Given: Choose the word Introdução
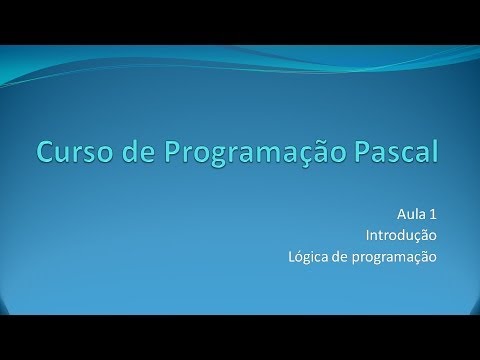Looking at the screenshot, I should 401,236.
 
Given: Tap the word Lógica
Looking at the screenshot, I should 306,257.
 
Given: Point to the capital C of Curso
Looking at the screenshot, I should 47,152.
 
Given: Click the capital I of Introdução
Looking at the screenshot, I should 367,236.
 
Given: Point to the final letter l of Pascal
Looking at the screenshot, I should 435,152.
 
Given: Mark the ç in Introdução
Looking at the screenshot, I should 417,238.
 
